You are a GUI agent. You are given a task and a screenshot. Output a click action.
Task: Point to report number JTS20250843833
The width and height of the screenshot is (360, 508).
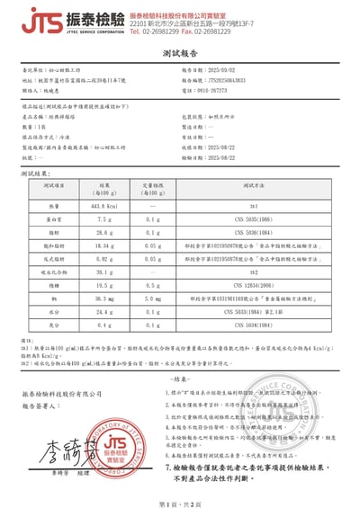tap(233, 80)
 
